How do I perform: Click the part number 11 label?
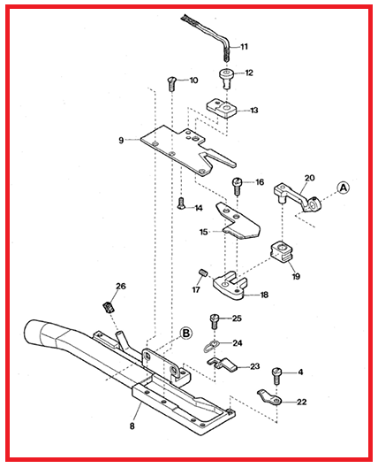click(x=245, y=46)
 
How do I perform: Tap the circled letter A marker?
click(x=343, y=188)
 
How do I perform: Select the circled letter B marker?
click(x=185, y=334)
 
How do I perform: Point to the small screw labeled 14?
click(x=181, y=203)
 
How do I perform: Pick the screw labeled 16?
click(x=238, y=185)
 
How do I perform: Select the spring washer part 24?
click(x=211, y=345)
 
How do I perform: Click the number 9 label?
click(x=121, y=139)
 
